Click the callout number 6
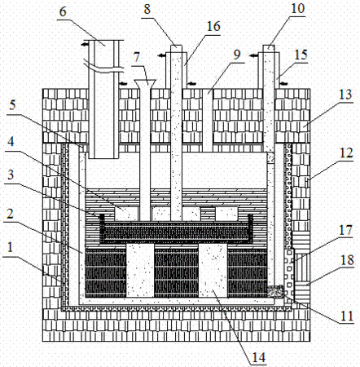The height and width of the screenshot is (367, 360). click(63, 12)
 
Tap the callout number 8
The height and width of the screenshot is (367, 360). click(147, 9)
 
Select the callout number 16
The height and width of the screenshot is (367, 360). click(213, 26)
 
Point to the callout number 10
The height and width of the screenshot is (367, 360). click(298, 8)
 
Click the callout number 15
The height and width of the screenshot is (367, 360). click(301, 55)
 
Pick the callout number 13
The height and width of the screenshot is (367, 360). click(345, 95)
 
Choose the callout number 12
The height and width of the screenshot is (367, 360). click(346, 153)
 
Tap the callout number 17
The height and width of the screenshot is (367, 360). click(345, 230)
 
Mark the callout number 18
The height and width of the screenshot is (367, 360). click(347, 260)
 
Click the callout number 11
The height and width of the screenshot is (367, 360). click(347, 316)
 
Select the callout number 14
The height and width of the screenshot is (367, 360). click(259, 357)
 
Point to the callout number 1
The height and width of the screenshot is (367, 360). click(10, 248)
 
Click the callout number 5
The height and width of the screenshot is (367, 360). click(12, 105)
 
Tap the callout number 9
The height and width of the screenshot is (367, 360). click(237, 55)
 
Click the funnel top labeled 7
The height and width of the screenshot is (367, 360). click(145, 82)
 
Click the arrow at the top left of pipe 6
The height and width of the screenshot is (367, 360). click(85, 44)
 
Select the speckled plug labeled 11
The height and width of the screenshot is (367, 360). click(275, 291)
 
